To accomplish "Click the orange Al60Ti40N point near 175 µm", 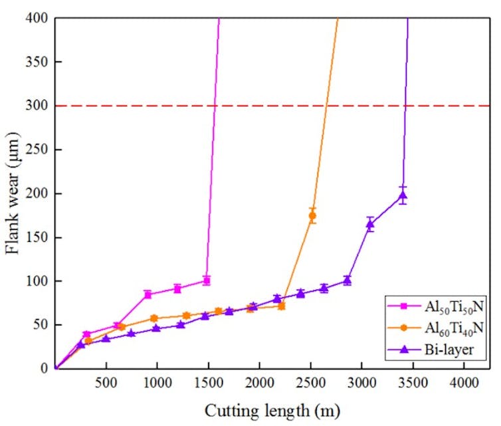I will (x=312, y=215).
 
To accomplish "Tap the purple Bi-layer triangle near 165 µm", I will (x=371, y=224).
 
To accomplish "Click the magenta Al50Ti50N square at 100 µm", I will (x=207, y=280).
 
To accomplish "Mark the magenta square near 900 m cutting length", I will (x=148, y=294).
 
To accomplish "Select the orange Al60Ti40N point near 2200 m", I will (x=281, y=306).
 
